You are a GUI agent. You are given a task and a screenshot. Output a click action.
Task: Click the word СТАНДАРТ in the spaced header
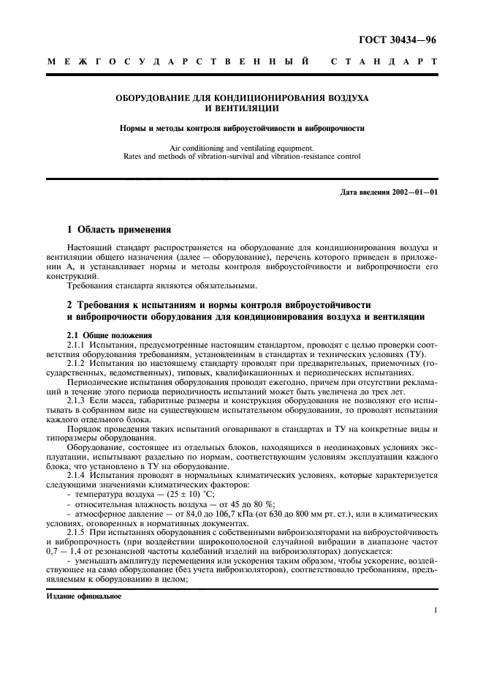pos(384,63)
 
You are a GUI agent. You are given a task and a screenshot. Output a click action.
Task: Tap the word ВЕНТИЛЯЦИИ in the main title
pos(241,108)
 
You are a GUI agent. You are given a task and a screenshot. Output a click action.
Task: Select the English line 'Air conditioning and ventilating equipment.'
pos(241,147)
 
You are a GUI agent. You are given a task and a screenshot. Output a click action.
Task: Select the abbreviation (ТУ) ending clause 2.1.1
pos(426,352)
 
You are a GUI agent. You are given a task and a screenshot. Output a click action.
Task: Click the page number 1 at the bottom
pos(435,610)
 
